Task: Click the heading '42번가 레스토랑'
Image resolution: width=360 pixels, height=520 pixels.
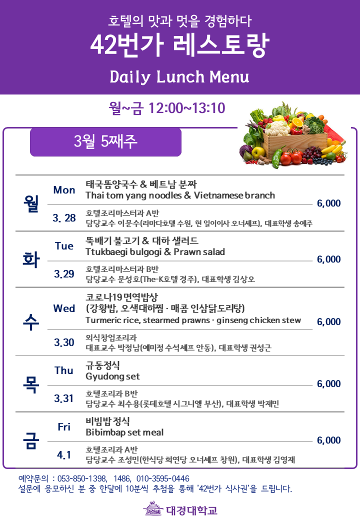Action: point(179,45)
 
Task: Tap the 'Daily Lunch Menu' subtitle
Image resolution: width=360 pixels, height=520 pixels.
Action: point(179,77)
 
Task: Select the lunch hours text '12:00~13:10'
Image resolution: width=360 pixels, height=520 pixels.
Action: point(186,108)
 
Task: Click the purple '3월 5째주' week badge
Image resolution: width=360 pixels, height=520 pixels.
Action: point(105,142)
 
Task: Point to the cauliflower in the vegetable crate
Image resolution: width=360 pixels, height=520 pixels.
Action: point(277,128)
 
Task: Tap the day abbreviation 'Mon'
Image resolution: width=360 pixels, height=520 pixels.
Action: point(64,190)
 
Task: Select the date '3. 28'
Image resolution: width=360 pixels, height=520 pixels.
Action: point(64,218)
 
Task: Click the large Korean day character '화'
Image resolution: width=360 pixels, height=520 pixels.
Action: point(31,259)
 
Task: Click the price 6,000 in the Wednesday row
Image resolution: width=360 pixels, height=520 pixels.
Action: point(329,321)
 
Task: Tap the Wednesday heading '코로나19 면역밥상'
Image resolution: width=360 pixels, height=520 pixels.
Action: point(121,297)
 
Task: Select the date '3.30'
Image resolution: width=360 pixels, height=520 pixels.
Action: point(64,342)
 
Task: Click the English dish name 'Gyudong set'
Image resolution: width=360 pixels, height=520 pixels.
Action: point(112,376)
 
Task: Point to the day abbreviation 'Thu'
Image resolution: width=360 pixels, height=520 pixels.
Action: point(64,370)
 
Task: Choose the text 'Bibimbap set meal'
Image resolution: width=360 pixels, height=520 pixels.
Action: point(124,432)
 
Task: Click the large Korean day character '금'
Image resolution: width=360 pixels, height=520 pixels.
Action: point(31,440)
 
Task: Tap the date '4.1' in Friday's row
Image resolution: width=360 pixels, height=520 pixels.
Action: point(64,454)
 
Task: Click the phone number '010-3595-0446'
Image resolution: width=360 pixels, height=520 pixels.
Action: point(163,478)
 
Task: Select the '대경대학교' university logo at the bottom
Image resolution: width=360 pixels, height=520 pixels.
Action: point(180,509)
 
